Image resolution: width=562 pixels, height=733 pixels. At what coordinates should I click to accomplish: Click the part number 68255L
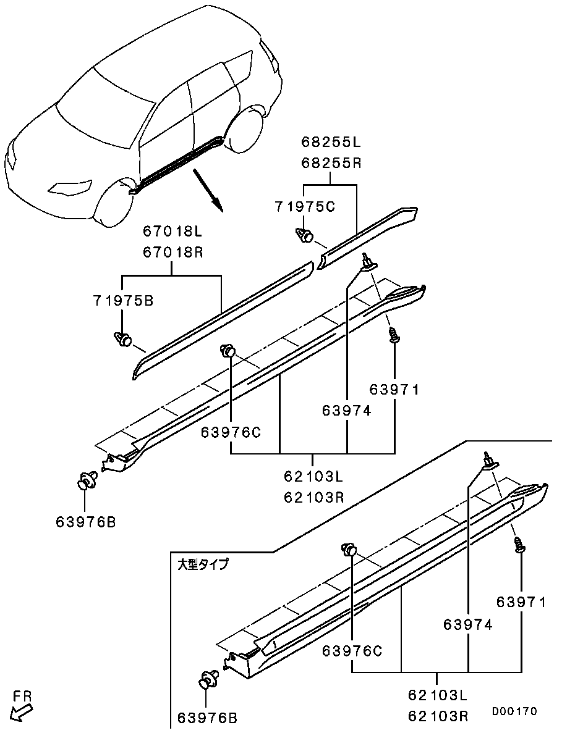(331, 143)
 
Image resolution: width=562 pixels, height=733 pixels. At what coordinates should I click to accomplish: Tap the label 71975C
(305, 207)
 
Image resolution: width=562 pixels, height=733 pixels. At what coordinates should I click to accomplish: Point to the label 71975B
(123, 301)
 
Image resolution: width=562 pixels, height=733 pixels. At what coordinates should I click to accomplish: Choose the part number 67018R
(172, 253)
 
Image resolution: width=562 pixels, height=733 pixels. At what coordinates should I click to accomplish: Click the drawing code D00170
(514, 711)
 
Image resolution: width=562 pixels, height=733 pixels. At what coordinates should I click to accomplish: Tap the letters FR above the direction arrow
(22, 696)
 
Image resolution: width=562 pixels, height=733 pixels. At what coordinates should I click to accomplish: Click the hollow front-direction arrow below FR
(21, 713)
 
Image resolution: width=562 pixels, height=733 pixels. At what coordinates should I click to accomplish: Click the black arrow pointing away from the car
(206, 191)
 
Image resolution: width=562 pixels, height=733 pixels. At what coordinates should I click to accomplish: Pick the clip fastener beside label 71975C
(305, 235)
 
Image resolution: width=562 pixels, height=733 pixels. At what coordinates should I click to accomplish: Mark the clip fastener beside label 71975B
(124, 338)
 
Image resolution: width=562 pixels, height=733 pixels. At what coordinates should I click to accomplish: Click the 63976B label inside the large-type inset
(207, 718)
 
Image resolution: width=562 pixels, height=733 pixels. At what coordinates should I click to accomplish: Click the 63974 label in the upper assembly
(346, 410)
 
